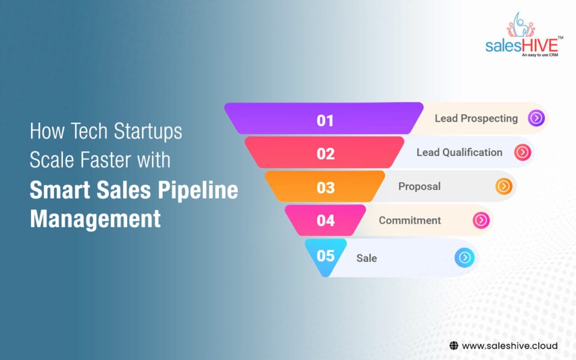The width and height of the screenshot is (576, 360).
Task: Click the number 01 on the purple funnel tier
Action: click(x=325, y=120)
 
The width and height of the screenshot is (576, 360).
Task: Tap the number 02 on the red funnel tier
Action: click(x=326, y=154)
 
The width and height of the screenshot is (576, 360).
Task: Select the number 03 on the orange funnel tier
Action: click(x=326, y=187)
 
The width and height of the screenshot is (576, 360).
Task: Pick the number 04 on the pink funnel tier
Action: click(x=326, y=220)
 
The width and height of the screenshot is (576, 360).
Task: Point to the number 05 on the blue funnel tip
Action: click(x=326, y=256)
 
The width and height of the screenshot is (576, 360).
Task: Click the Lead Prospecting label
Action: click(x=476, y=118)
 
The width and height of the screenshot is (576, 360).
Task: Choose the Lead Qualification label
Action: click(x=459, y=152)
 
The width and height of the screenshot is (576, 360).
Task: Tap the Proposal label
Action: click(x=419, y=186)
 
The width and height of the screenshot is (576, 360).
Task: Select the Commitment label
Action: click(x=409, y=220)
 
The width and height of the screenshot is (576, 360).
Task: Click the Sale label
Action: click(x=366, y=258)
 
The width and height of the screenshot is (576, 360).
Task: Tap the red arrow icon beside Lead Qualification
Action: click(x=523, y=152)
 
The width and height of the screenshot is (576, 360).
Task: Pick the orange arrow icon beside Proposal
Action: click(x=503, y=186)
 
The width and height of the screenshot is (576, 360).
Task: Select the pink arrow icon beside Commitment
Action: click(x=481, y=220)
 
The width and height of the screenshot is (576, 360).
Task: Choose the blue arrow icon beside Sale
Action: click(x=464, y=258)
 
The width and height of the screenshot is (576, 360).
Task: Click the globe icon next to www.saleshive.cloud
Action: click(x=453, y=345)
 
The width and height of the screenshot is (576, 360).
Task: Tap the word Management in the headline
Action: click(x=95, y=218)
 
